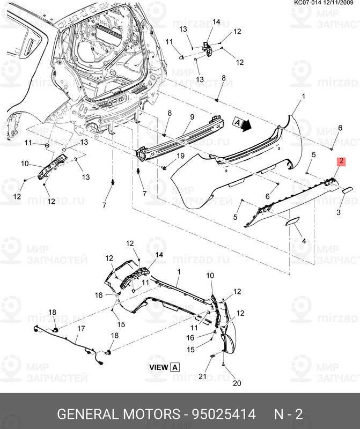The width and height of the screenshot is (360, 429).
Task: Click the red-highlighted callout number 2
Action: coord(340,160)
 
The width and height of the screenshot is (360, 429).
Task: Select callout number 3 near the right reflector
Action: coord(339,213)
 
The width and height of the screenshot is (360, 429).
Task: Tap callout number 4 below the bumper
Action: coord(304,241)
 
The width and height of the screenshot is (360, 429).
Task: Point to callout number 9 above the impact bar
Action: coord(192,117)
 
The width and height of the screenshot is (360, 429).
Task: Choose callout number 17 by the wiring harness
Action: coord(82,328)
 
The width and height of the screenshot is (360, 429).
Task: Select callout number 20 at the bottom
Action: coord(237,383)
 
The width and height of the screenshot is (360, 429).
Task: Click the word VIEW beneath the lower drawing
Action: coord(158,367)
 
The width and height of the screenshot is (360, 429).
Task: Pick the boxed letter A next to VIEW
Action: coord(175,367)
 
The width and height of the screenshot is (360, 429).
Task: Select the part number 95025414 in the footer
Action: coord(215,414)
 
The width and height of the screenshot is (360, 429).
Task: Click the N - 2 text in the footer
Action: coord(289,414)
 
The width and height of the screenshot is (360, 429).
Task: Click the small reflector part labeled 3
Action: coord(347,190)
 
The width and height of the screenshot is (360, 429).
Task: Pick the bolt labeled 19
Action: coord(161,168)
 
